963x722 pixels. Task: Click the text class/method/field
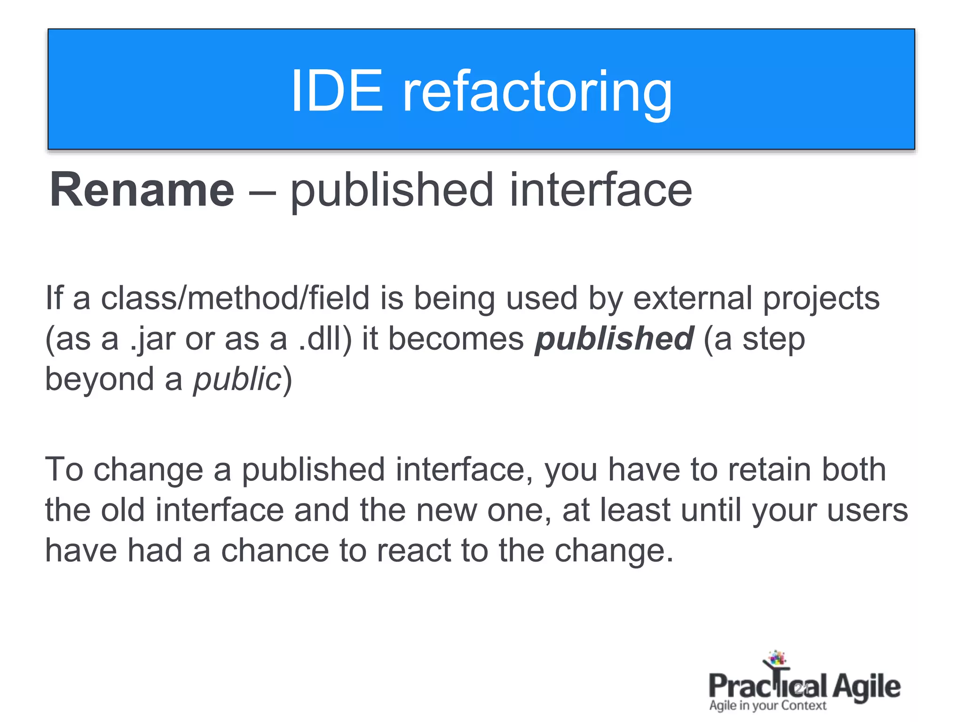236,298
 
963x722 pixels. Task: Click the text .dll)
325,338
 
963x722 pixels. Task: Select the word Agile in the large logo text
867,687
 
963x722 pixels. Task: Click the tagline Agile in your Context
767,706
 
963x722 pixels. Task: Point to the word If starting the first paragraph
54,298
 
